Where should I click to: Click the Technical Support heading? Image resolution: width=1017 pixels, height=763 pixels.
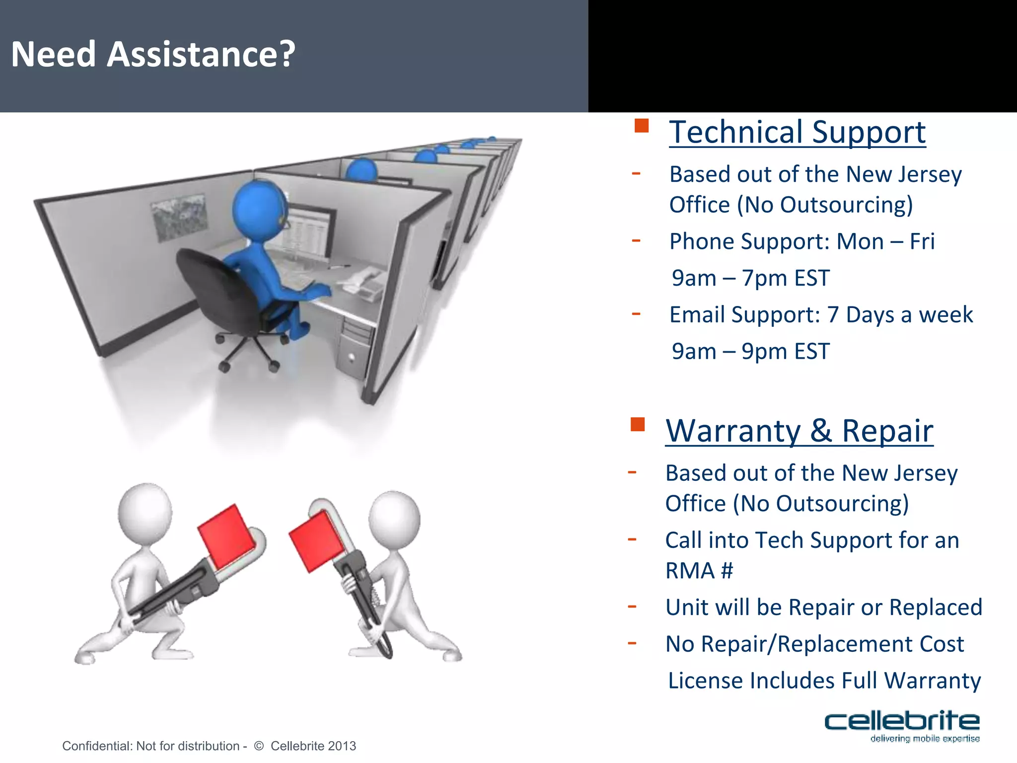[797, 132]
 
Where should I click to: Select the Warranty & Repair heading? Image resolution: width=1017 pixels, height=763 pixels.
[799, 431]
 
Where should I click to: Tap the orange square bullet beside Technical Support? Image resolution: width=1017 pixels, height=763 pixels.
[642, 126]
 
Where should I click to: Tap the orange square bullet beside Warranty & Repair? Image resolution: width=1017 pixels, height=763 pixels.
[638, 424]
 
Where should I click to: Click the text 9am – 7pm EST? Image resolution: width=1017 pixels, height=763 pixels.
[750, 278]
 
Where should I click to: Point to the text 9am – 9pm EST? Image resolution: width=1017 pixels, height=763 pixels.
[750, 352]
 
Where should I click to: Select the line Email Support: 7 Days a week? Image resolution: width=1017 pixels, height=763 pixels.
[821, 315]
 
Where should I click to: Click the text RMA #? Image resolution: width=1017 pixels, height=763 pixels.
[699, 571]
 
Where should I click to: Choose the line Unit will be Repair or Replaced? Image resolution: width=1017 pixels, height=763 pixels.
[823, 608]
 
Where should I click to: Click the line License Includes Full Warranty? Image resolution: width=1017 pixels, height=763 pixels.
[824, 681]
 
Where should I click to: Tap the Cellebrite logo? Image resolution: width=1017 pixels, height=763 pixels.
[901, 725]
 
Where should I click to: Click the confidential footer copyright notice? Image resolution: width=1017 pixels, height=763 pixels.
[209, 746]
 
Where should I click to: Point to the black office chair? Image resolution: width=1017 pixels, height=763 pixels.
[218, 293]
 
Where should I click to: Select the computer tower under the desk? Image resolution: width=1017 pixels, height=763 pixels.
[354, 348]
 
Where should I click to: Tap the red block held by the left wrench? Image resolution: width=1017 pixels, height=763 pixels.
[226, 536]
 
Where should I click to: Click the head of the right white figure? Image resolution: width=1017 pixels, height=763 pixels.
[394, 519]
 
